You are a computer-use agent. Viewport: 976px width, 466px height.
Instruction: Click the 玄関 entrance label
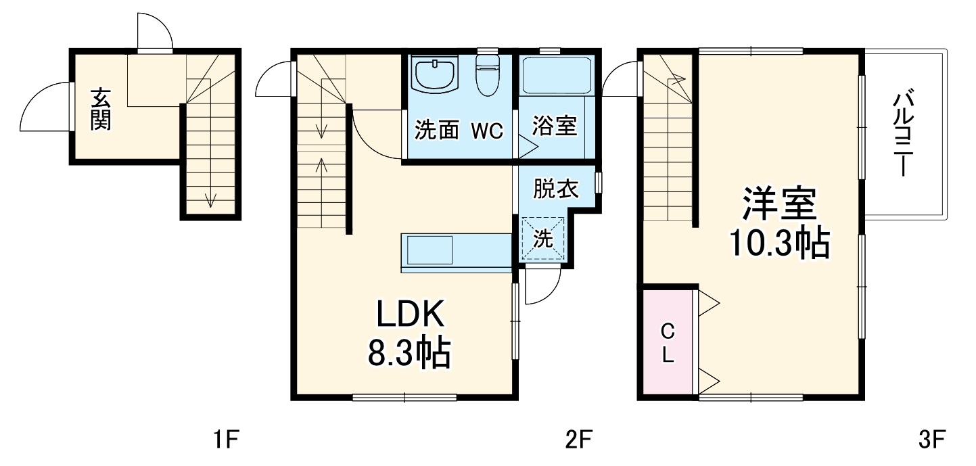[100, 110]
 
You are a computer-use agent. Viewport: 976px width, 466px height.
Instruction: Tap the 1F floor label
[223, 440]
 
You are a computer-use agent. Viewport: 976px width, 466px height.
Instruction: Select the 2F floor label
[579, 440]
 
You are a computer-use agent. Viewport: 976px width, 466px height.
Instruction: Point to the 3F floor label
[931, 440]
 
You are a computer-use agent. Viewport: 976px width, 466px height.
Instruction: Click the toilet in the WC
[487, 74]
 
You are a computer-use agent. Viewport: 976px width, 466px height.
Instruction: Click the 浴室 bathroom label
[555, 126]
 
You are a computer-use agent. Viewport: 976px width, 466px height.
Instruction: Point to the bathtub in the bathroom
[557, 75]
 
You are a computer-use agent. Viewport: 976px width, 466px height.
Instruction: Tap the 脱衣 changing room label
[556, 189]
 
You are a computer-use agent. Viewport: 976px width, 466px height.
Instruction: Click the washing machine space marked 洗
[542, 238]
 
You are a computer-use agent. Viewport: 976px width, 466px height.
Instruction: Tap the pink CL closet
[668, 342]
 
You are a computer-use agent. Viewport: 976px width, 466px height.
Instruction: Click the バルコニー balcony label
[904, 135]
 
